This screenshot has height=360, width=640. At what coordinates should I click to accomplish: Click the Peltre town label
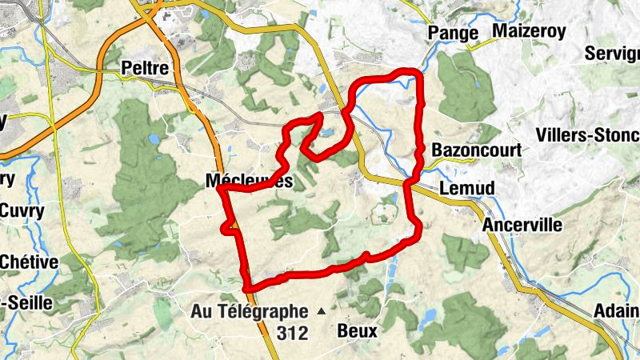145,68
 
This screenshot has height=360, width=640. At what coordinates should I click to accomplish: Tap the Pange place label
453,33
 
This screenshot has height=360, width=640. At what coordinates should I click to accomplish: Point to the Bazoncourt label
476,150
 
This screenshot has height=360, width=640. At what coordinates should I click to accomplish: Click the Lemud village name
468,187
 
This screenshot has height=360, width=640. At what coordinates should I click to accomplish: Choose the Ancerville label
522,226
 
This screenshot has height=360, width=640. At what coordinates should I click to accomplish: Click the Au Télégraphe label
249,311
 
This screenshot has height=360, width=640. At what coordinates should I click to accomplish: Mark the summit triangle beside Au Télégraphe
322,310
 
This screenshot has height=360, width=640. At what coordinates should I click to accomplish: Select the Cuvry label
22,211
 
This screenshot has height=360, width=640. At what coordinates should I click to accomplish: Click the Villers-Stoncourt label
587,134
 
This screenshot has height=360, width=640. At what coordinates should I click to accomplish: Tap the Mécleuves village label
249,182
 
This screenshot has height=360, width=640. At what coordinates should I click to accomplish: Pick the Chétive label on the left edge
29,262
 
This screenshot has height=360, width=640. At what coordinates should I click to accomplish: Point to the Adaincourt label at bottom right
617,312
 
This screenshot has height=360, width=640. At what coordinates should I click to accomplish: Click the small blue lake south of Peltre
153,138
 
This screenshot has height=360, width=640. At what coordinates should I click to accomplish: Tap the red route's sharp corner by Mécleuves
218,190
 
